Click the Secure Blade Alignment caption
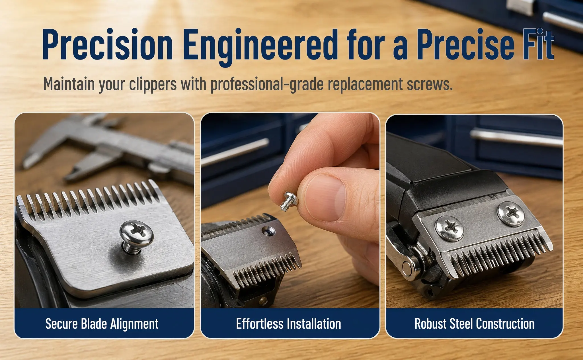click(x=102, y=324)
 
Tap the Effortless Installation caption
click(x=289, y=324)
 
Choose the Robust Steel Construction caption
click(x=474, y=324)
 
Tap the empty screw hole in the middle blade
click(x=268, y=231)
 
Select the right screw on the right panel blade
click(x=511, y=214)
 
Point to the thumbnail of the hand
click(x=326, y=197)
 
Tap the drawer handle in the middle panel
click(x=235, y=152)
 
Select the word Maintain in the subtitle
click(x=69, y=84)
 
